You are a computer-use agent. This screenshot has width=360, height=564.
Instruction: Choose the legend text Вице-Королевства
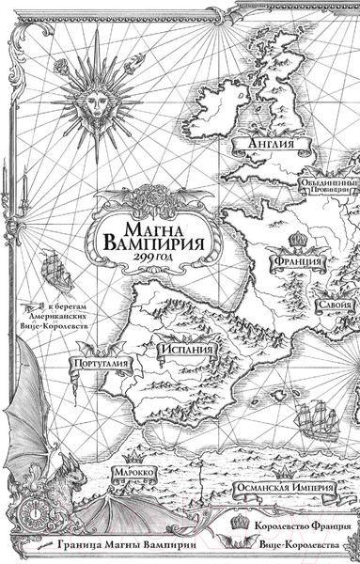point(301,545)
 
